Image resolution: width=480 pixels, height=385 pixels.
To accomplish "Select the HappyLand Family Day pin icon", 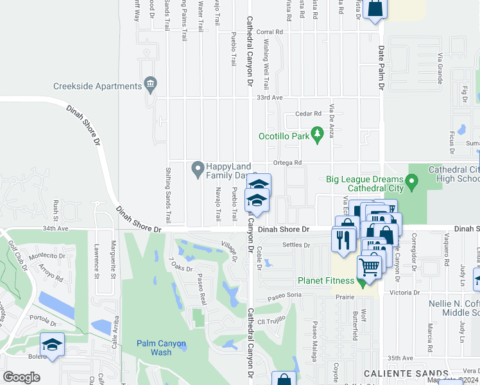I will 198,170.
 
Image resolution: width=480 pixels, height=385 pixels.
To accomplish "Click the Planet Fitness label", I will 326,280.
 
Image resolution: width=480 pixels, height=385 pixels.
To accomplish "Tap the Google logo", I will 21,377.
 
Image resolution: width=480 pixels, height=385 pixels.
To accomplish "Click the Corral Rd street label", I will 270,31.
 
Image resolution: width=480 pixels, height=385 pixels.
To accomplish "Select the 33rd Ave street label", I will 270,98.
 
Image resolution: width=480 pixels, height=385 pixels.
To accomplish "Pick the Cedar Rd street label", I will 307,114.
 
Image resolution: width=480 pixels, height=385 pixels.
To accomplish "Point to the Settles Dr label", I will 297,244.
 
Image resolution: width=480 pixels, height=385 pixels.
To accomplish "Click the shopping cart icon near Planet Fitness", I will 370,266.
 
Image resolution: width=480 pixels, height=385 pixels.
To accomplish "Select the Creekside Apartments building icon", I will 151,83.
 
